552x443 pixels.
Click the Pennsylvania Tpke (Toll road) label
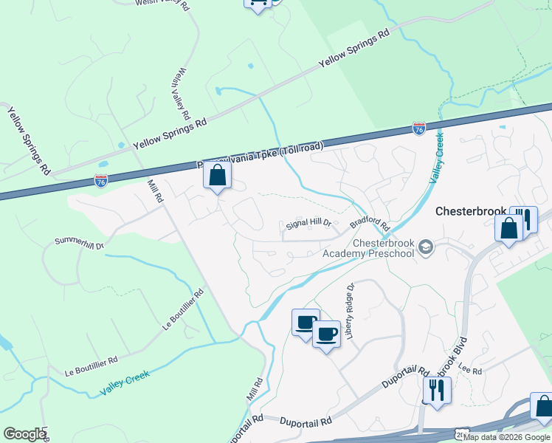[260, 157]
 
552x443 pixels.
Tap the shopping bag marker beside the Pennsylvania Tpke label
[217, 176]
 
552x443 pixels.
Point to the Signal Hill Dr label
[311, 224]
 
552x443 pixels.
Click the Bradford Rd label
[369, 223]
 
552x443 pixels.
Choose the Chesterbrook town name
[472, 211]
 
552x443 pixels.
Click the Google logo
[24, 434]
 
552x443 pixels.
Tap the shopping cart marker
[257, 3]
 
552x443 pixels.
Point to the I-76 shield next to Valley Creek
[418, 129]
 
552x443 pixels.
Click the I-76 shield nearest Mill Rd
[101, 179]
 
